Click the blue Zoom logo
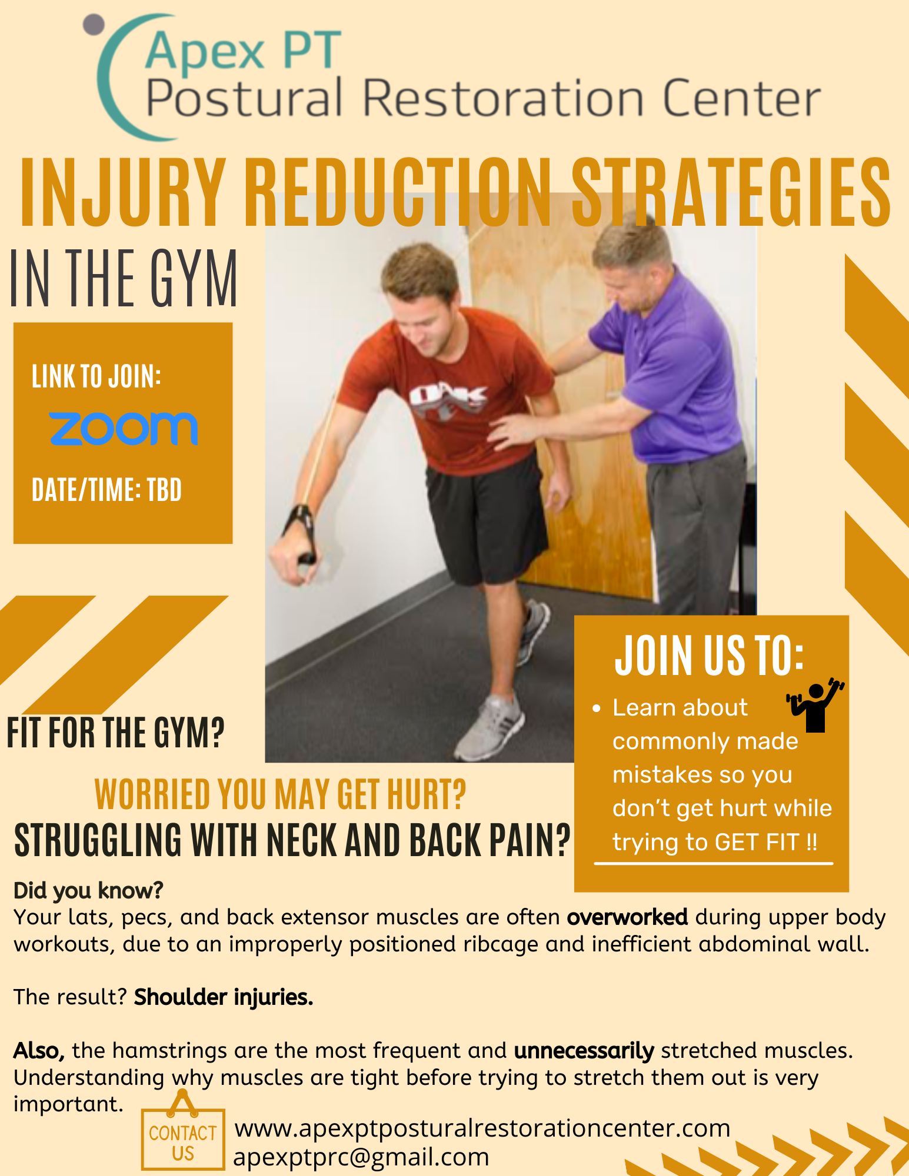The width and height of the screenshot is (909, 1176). coord(123,428)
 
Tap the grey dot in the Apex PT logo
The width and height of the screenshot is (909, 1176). coord(94,25)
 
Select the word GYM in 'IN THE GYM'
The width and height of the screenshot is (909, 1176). coord(194,278)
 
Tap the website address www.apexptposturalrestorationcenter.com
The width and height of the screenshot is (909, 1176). coord(482,1128)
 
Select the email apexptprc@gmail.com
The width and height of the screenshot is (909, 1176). coord(361,1157)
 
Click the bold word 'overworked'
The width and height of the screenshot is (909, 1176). coord(627,917)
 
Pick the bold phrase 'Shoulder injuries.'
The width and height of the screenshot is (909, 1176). coord(224,997)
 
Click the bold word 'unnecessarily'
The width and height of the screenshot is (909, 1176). coord(584,1050)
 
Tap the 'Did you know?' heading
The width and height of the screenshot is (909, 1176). coord(88,891)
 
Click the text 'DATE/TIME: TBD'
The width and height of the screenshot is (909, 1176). coord(106,490)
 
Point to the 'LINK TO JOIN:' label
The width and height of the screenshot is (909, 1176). coord(96,376)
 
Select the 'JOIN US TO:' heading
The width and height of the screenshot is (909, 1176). coord(710,656)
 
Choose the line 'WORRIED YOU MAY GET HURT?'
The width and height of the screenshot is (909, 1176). coord(280,794)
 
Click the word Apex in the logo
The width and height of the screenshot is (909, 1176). coord(204,52)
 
